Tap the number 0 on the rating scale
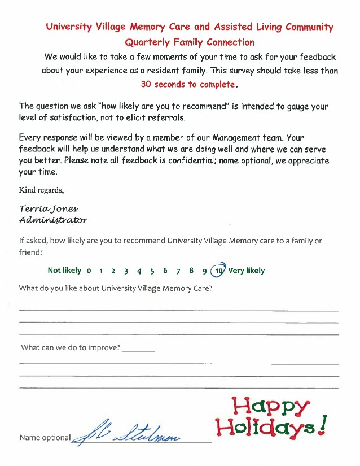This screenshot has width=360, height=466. (89, 271)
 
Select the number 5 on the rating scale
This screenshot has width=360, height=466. (152, 271)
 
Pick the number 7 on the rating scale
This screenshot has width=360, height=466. (178, 271)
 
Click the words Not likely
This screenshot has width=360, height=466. (64, 271)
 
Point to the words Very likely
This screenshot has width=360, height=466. (247, 271)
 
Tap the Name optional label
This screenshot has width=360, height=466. (45, 438)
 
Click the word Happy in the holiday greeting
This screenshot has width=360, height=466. (271, 406)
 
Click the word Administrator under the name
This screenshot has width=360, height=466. (53, 220)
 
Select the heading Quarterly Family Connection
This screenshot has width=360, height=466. (189, 42)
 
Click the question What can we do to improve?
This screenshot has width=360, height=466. (71, 347)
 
